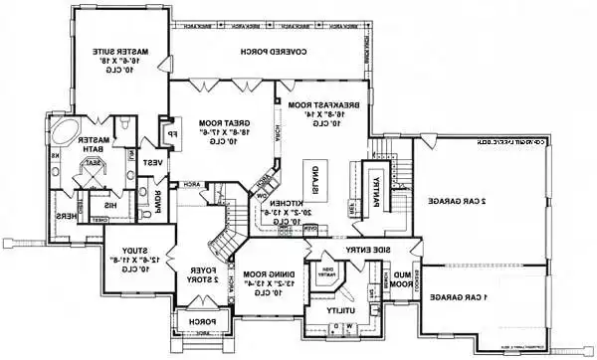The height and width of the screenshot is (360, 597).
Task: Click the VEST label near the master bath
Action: pos(155,161)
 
